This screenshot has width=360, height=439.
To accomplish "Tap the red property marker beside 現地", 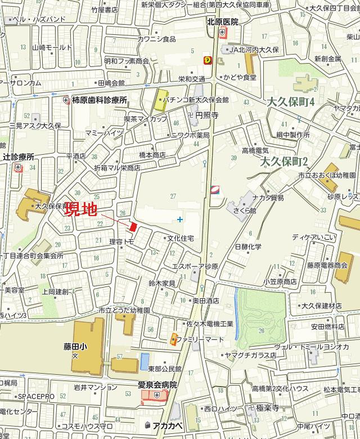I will coord(133,226).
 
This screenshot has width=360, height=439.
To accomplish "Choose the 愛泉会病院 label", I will coord(157,385).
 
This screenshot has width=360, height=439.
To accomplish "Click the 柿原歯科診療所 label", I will coord(100,100).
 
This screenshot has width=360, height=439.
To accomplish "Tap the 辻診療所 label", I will coord(19,156).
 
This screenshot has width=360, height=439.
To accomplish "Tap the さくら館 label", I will coord(245,210).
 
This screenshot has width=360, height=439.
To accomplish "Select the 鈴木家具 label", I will coord(162,283).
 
